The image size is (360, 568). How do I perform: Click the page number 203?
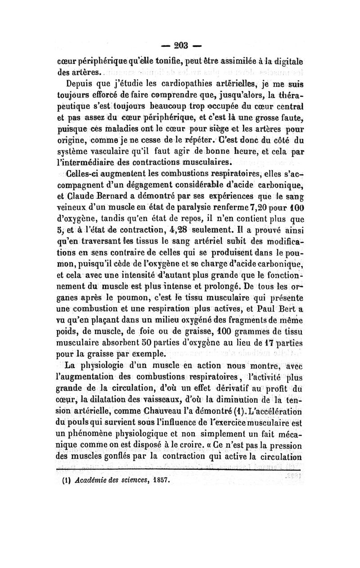tap(180, 45)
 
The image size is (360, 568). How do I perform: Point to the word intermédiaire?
tap(93, 162)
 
